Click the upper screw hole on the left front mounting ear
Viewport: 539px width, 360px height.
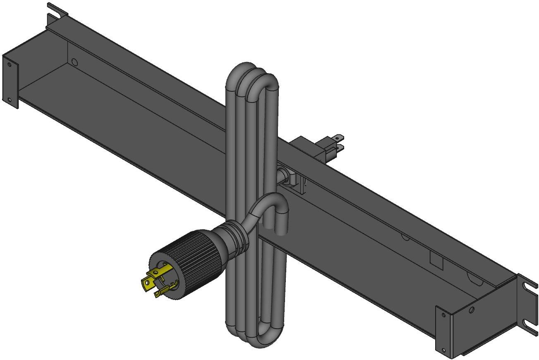coord(9,64)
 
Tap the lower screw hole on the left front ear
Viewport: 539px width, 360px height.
coord(9,99)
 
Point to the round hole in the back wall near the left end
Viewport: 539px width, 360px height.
coord(74,62)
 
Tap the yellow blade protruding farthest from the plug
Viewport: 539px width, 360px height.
coord(146,284)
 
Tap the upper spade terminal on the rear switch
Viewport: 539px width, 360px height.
coord(338,137)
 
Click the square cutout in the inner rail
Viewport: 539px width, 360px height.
coord(436,260)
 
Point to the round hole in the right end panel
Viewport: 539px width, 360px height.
coord(472,310)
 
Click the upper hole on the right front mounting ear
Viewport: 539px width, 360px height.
coord(444,315)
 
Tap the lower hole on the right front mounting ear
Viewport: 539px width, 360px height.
coord(444,350)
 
